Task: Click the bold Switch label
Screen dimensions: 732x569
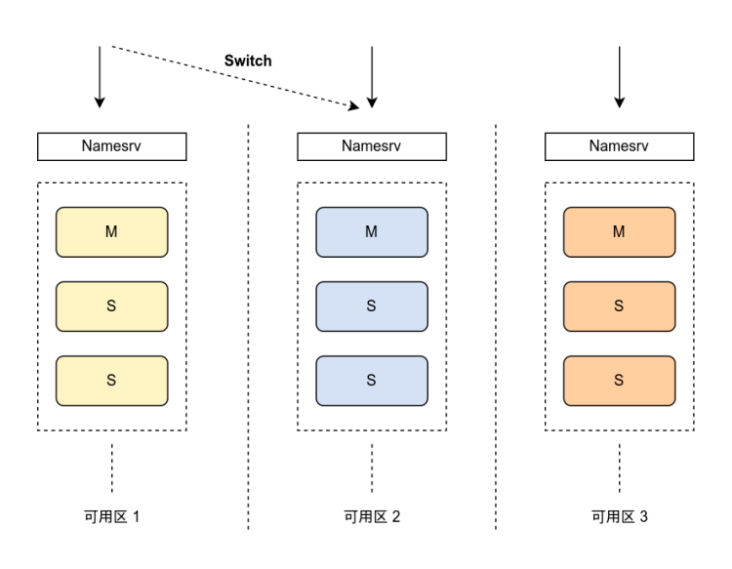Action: [248, 61]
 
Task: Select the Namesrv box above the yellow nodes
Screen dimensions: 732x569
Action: [112, 146]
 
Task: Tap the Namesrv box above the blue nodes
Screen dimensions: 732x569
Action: [372, 146]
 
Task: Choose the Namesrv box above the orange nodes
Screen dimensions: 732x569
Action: [620, 146]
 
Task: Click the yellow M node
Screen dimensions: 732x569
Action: [112, 232]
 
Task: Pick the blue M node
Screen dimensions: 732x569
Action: [372, 232]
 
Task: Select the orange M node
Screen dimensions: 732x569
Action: [620, 232]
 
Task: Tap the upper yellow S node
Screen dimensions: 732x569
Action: [112, 306]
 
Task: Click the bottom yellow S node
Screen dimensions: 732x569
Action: [112, 381]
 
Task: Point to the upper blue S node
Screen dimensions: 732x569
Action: [372, 306]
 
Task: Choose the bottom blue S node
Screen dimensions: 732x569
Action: [372, 381]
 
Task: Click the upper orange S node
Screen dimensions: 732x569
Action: [620, 306]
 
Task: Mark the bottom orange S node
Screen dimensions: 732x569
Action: [620, 381]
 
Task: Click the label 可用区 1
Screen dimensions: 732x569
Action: [112, 516]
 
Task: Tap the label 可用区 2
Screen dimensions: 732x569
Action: [372, 516]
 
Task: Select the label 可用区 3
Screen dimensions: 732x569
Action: [620, 516]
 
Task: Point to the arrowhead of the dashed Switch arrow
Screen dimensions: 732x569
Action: [354, 106]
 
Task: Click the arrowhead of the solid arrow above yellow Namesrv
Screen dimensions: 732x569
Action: [100, 102]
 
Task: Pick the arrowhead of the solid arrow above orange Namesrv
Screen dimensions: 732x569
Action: [620, 102]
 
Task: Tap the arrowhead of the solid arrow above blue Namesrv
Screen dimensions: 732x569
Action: [372, 102]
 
